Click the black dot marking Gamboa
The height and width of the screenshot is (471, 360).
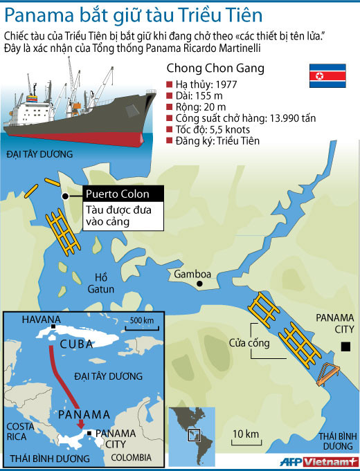pos(200,284)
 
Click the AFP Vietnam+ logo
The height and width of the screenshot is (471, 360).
pos(318,462)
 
